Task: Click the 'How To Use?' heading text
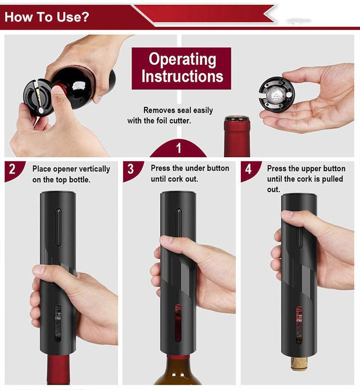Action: pos(47,16)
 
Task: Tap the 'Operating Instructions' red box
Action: pos(181,68)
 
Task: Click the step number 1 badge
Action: pos(178,148)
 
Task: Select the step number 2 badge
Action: pos(13,170)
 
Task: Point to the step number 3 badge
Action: pos(131,169)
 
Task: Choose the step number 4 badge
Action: pos(249,169)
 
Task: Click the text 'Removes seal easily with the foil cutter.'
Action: pos(170,115)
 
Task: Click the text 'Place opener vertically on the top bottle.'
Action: pos(71,174)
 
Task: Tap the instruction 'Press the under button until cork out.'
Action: pos(190,174)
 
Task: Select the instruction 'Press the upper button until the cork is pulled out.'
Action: pos(305,179)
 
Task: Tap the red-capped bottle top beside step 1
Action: pos(237,136)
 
